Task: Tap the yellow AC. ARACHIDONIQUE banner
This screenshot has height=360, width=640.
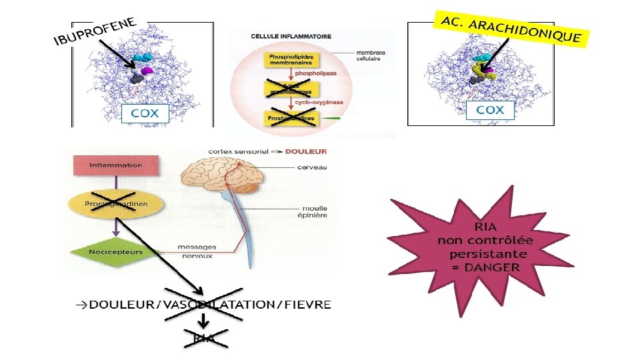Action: click(511, 29)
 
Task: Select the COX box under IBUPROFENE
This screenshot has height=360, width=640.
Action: click(145, 113)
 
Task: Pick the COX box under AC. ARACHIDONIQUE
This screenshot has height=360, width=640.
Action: click(490, 110)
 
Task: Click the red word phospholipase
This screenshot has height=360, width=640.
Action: click(311, 76)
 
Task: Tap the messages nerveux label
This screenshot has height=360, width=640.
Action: click(195, 251)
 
